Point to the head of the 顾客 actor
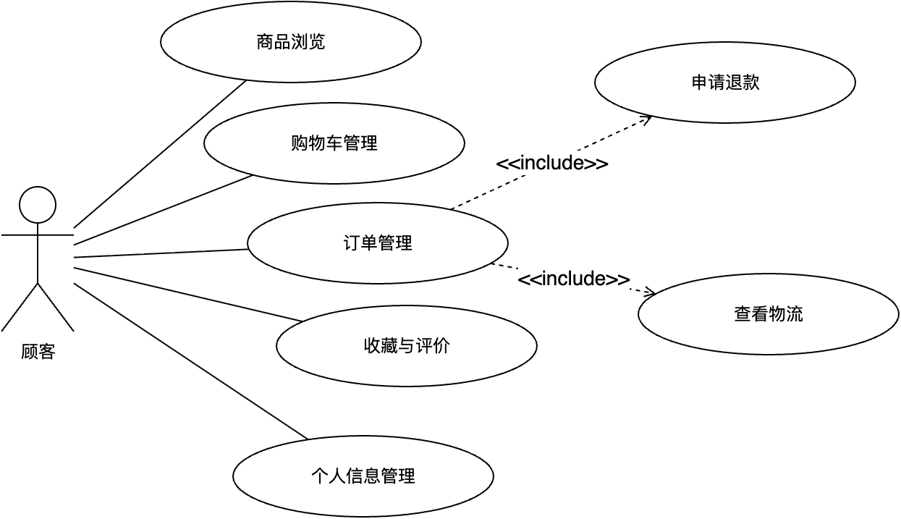pos(38,205)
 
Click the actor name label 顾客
pos(38,353)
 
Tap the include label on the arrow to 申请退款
pos(551,164)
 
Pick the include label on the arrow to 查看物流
pos(574,279)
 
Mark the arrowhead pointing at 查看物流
pos(650,294)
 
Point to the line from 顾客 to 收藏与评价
pos(188,295)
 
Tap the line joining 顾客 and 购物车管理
pos(163,210)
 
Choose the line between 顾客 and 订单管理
pos(161,253)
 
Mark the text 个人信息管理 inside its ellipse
pos(363,476)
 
